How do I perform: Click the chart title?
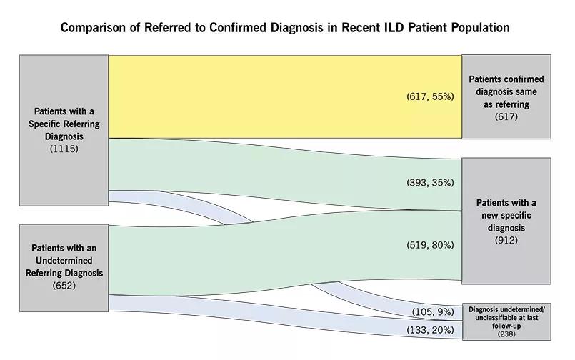285,28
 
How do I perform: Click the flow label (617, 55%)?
430,96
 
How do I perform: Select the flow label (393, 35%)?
430,183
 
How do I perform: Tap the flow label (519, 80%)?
430,245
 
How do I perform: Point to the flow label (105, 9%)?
433,312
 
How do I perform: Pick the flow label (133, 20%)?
430,330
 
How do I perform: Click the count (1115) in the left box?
64,149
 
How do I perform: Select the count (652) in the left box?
64,286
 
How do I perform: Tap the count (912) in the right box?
506,241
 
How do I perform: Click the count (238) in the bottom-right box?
506,334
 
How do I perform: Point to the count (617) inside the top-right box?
506,116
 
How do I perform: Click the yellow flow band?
285,96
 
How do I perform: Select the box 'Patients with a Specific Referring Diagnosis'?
64,131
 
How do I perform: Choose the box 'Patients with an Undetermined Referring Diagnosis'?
64,268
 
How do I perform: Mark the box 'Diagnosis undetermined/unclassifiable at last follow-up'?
506,321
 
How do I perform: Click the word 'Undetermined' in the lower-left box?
64,261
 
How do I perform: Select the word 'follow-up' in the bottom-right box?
506,326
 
